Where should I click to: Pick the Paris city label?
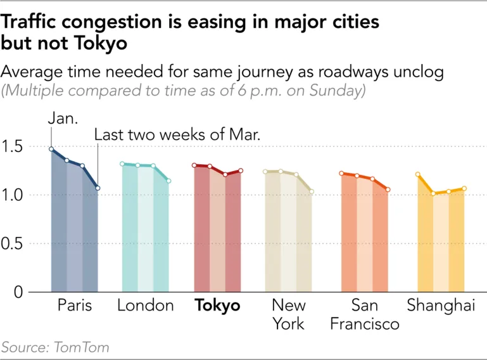coord(75,305)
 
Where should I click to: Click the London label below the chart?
coord(146,305)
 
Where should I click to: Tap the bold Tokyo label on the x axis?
coord(218,305)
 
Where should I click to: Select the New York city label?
coord(289,314)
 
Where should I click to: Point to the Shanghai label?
coord(441,305)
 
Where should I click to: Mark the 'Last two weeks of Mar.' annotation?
coord(177,135)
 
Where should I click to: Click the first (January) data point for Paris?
coord(51,150)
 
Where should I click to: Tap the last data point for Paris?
coord(98,188)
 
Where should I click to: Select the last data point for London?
coord(168,181)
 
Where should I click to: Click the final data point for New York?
coord(311,191)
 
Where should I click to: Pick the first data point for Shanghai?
coord(417,174)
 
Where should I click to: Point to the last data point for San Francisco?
coord(388,190)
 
